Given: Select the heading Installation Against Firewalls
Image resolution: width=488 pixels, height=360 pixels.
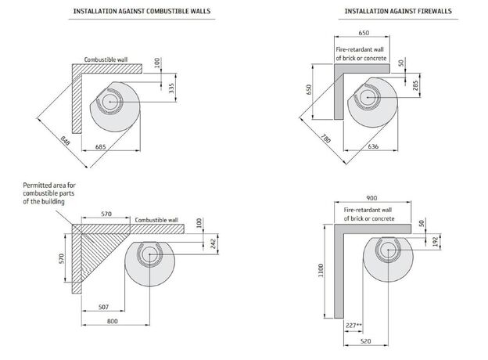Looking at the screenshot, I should coord(388,11).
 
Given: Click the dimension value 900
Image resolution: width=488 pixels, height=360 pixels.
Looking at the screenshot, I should coord(371,198).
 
